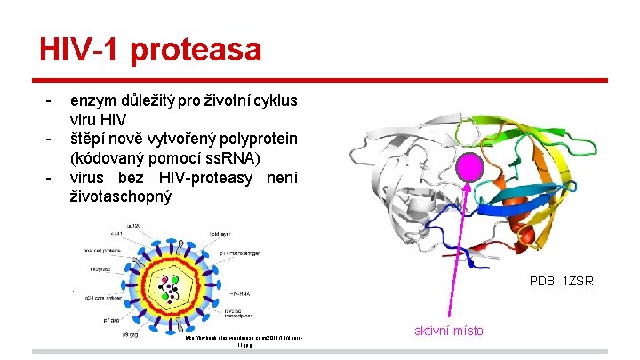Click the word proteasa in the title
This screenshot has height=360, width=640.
click(x=196, y=50)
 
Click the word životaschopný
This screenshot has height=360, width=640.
click(x=120, y=196)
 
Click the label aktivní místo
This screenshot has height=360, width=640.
click(x=449, y=331)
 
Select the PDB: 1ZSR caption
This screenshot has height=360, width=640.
click(x=561, y=282)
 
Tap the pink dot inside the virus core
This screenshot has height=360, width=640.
click(x=164, y=282)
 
